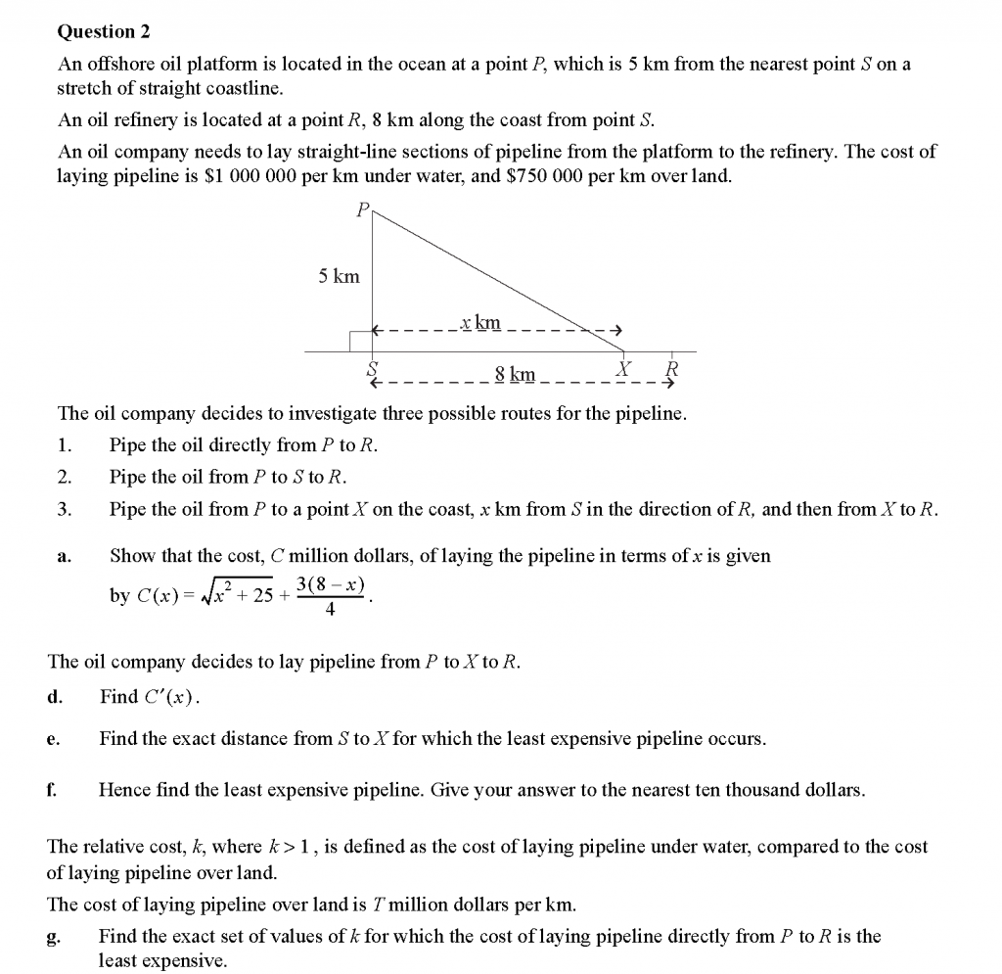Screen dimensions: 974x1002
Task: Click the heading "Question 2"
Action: click(x=104, y=32)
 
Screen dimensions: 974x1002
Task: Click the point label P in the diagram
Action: click(x=362, y=209)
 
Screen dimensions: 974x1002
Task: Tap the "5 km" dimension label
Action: click(x=339, y=277)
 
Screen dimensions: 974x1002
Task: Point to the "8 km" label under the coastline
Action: click(x=515, y=373)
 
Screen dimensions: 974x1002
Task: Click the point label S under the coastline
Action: click(x=372, y=369)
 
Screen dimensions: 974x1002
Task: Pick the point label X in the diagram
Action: click(x=622, y=368)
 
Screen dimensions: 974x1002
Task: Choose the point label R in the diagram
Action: click(x=670, y=369)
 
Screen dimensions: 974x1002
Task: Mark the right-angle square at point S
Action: click(x=360, y=341)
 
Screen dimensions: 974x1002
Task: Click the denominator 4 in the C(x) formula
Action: click(x=330, y=609)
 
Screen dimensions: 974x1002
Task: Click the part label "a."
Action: click(x=64, y=557)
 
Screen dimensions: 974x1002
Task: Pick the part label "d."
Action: click(x=55, y=697)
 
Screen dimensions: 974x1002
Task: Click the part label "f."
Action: click(x=53, y=789)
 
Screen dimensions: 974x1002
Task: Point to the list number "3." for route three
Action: click(x=65, y=510)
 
